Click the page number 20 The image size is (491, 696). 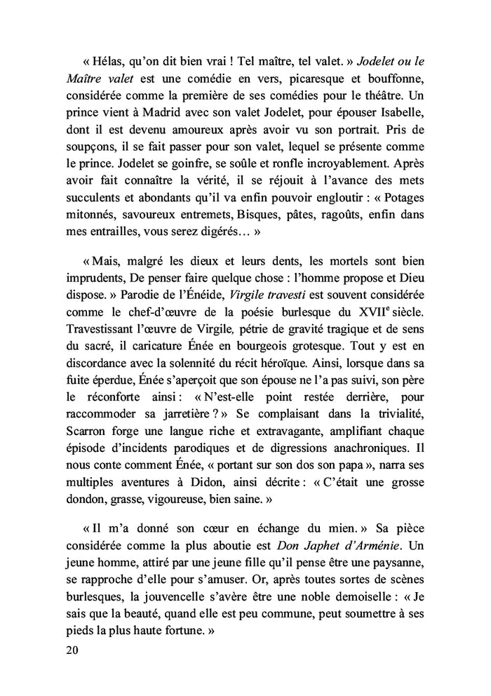click(x=70, y=650)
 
